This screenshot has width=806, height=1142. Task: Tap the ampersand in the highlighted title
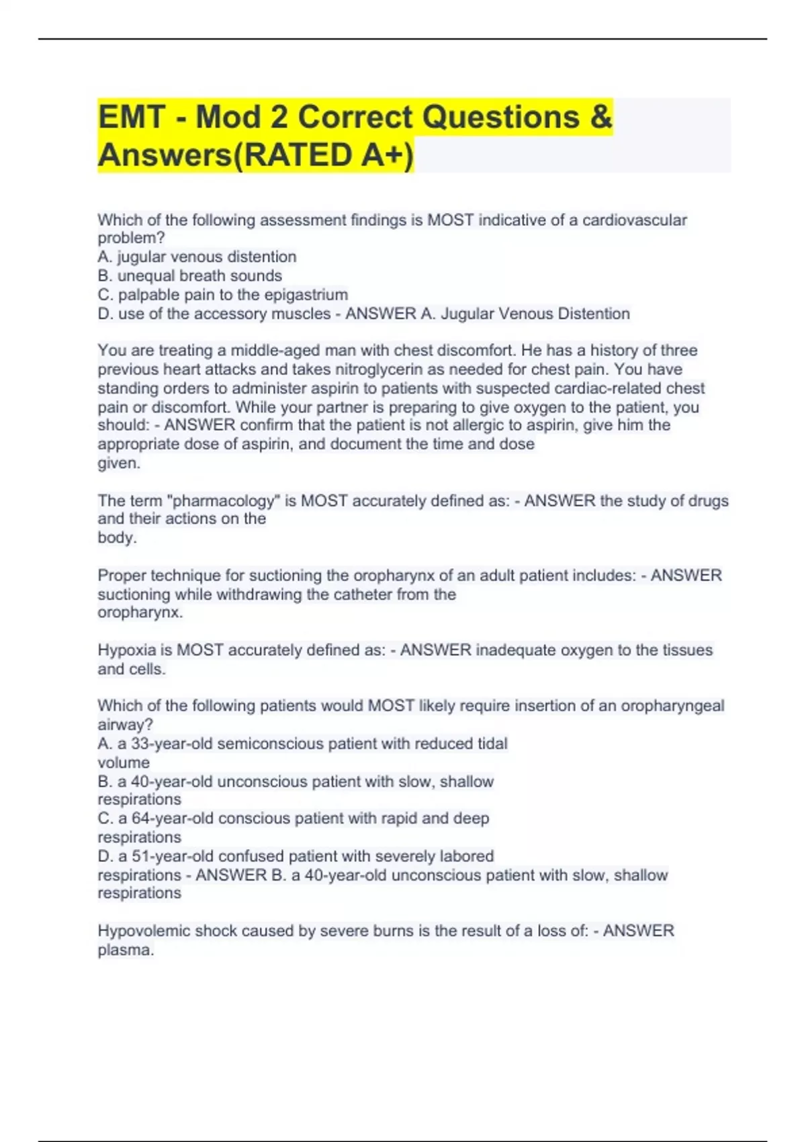point(602,117)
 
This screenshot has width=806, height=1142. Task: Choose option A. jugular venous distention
point(197,257)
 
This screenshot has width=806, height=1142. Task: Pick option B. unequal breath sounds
point(189,275)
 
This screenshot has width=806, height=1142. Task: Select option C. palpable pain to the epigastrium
point(222,294)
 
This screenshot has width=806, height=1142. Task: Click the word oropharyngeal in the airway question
point(672,705)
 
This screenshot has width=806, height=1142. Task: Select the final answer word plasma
point(125,950)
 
